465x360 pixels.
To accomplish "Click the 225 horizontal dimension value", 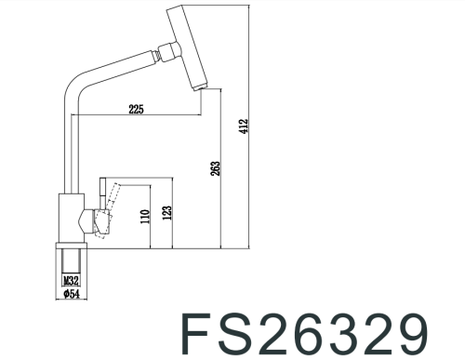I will pos(136,110).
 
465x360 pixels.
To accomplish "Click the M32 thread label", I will pos(70,278).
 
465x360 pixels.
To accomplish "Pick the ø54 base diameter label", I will pos(70,293).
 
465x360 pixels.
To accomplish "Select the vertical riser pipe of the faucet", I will pos(68,149).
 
